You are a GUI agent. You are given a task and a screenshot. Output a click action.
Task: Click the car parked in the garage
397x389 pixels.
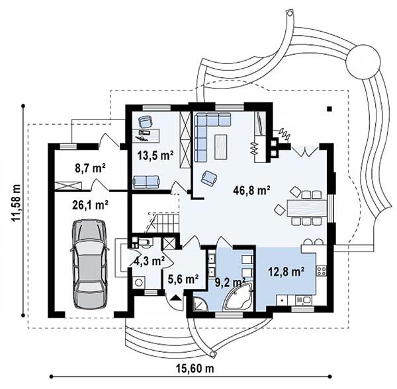tap(89, 264)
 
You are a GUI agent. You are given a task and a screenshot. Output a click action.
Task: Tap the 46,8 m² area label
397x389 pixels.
tap(251, 191)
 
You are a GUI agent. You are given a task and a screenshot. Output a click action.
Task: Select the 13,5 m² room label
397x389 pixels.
tap(155, 155)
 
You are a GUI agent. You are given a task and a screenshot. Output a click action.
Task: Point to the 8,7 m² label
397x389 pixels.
tap(90, 168)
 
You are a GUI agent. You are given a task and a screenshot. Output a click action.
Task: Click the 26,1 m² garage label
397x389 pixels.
tap(90, 205)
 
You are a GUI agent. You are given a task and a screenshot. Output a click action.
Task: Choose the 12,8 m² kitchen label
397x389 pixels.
tap(286, 271)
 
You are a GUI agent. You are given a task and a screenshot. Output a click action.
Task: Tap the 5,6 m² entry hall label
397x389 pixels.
tap(183, 279)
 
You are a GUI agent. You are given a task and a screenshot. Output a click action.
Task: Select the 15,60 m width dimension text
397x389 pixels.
tap(195, 369)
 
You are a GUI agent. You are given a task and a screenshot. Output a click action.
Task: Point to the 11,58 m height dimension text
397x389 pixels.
tap(17, 202)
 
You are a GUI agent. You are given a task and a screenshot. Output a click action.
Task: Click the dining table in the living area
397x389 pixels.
tap(306, 208)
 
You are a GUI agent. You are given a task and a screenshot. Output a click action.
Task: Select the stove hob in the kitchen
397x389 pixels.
tap(321, 271)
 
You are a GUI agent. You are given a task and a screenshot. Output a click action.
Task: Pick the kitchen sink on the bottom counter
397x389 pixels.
tap(304, 300)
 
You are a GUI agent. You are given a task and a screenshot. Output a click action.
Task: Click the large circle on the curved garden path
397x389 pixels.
tap(363, 61)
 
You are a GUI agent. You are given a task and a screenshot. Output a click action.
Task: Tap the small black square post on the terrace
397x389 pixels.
tap(329, 109)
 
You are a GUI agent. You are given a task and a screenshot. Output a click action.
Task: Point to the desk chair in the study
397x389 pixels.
tap(146, 122)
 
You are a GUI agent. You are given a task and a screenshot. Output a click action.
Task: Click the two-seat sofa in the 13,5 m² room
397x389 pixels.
tap(146, 182)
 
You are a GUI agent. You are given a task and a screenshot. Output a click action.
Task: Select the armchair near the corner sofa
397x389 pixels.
tap(209, 178)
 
